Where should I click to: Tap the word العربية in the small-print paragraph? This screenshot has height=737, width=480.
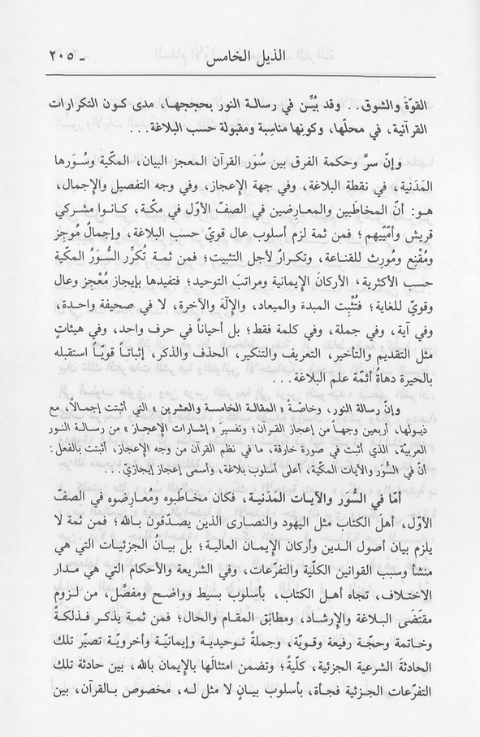pyautogui.click(x=417, y=470)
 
